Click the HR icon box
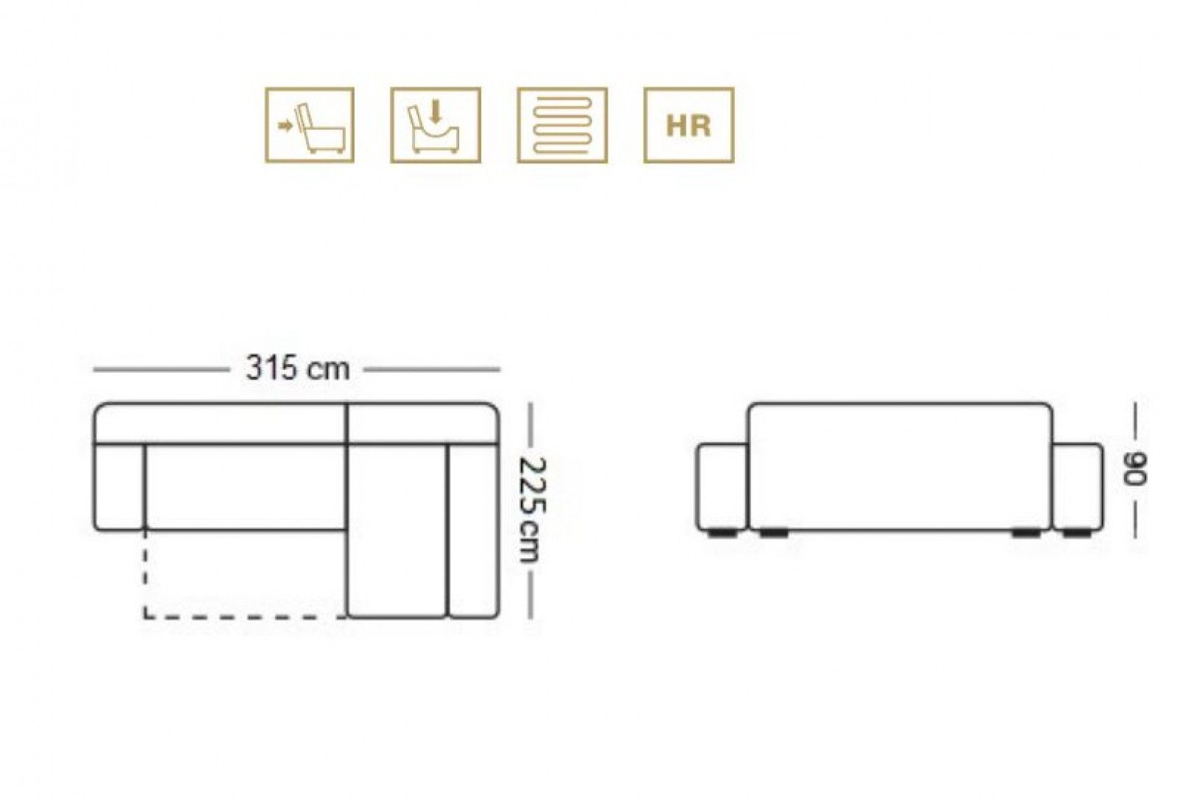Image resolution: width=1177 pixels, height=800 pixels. tap(689, 125)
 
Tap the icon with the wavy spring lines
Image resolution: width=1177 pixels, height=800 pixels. tap(562, 125)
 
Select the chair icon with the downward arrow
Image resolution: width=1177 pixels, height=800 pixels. tap(435, 125)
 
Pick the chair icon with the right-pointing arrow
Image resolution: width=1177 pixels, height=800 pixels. tap(310, 125)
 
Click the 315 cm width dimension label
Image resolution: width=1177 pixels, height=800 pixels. tap(297, 368)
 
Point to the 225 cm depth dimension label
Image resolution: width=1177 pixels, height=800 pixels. tap(533, 510)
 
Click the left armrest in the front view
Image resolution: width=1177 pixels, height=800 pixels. tap(722, 487)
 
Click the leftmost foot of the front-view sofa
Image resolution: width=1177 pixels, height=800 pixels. tap(721, 534)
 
